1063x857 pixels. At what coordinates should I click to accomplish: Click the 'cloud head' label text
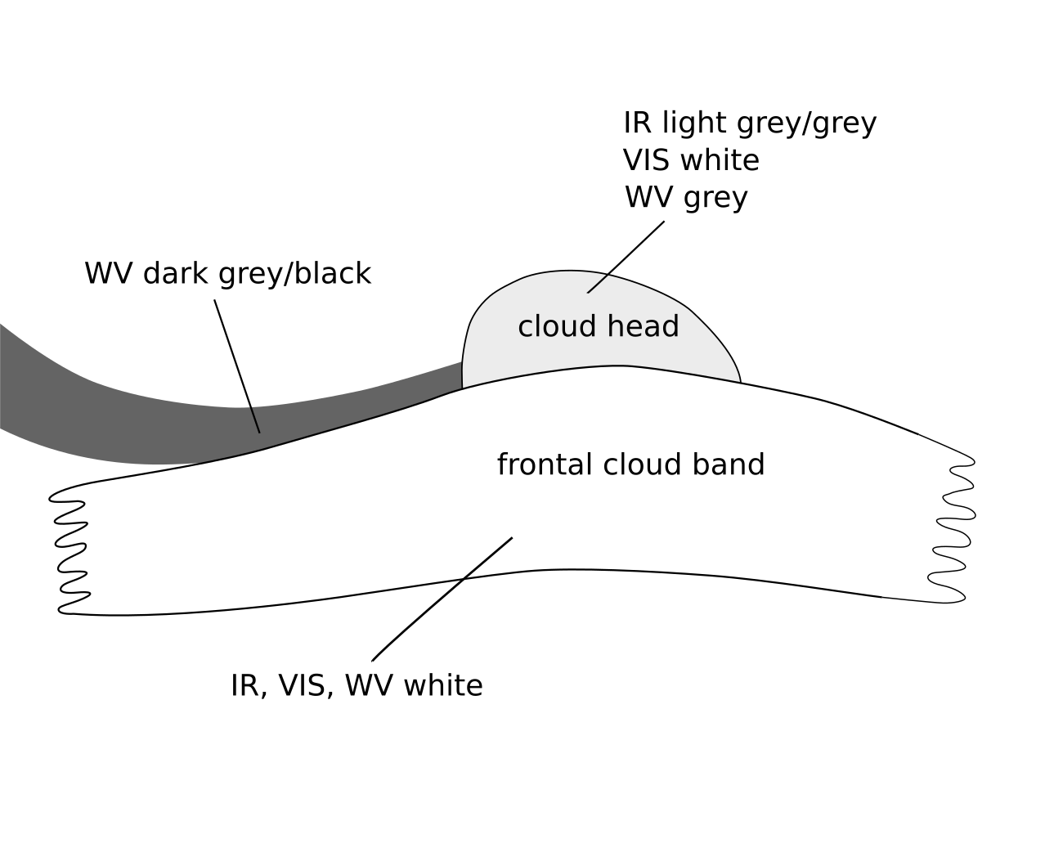point(599,326)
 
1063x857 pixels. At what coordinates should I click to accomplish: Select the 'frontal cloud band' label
point(630,464)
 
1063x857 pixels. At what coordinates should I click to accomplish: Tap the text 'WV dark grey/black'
point(227,273)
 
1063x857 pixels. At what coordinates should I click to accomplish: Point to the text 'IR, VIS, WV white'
point(357,685)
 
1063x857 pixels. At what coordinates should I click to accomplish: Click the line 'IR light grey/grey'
point(749,123)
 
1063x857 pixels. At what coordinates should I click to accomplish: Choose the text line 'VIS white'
point(691,160)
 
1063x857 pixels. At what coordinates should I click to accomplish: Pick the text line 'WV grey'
point(686,198)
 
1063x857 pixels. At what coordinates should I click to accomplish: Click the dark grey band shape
point(123,425)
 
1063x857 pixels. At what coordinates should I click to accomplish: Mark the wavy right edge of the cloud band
point(953,532)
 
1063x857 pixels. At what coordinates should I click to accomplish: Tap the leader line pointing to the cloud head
point(626,257)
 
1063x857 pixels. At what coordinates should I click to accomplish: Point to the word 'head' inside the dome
point(649,326)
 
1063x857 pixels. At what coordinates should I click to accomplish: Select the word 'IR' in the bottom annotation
point(244,685)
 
